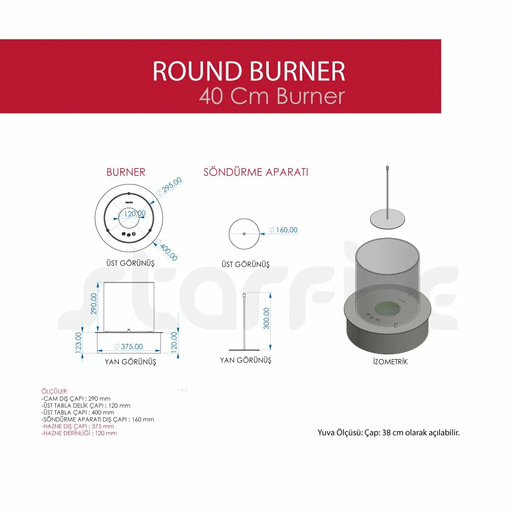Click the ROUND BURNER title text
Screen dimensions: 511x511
pyautogui.click(x=249, y=70)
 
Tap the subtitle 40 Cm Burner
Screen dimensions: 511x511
pyautogui.click(x=272, y=96)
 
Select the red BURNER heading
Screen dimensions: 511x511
pyautogui.click(x=126, y=172)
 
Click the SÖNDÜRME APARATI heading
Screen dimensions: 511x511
pyautogui.click(x=256, y=172)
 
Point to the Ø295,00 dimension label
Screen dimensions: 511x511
pyautogui.click(x=169, y=186)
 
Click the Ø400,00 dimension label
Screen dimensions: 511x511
pyautogui.click(x=167, y=250)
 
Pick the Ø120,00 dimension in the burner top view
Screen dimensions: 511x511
pyautogui.click(x=132, y=214)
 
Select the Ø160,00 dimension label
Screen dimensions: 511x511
pyautogui.click(x=283, y=230)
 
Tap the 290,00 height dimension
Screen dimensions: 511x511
pyautogui.click(x=94, y=304)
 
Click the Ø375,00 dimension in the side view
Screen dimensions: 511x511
pyautogui.click(x=129, y=346)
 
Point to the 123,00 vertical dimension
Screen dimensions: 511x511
pyautogui.click(x=78, y=343)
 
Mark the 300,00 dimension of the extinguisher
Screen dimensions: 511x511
pyautogui.click(x=266, y=318)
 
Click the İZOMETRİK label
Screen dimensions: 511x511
pyautogui.click(x=390, y=362)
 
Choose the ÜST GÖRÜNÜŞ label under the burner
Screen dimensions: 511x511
pyautogui.click(x=131, y=263)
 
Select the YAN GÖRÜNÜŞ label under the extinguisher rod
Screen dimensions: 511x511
pyautogui.click(x=246, y=360)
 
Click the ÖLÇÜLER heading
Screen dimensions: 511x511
pyautogui.click(x=54, y=391)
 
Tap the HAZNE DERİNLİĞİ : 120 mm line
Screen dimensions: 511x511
pyautogui.click(x=79, y=433)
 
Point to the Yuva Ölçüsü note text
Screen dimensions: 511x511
pyautogui.click(x=388, y=433)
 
